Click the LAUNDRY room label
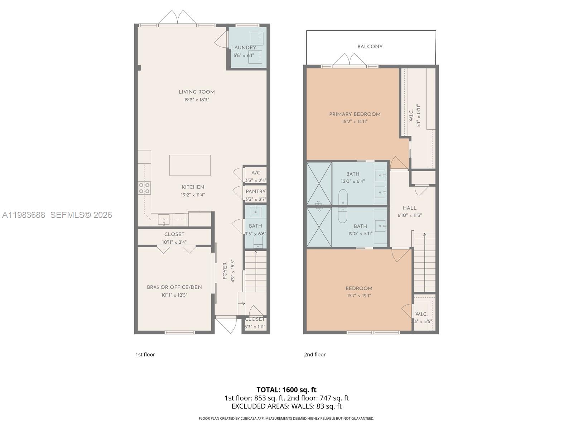click(x=244, y=48)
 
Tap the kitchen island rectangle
click(x=190, y=165)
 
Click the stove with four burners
click(x=144, y=188)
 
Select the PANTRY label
click(x=256, y=192)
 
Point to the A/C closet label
click(x=256, y=173)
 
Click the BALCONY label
click(x=370, y=47)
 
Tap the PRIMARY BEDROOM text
click(x=355, y=114)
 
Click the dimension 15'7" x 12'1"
click(x=358, y=296)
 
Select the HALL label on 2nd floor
click(x=409, y=208)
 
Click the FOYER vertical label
click(x=225, y=271)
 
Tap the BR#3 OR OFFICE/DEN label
click(x=174, y=287)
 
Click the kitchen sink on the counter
click(x=164, y=218)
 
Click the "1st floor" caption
click(x=145, y=354)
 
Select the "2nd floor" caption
click(x=315, y=354)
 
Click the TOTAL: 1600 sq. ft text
click(x=286, y=390)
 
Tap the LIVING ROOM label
click(x=197, y=92)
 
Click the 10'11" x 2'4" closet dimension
click(x=174, y=242)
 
